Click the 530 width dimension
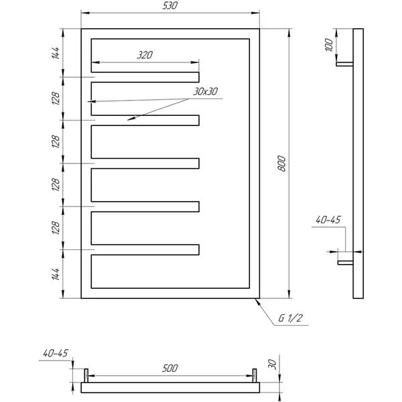170,5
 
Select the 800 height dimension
281,163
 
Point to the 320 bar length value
145,55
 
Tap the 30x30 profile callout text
206,91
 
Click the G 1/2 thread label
291,318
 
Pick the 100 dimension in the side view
329,45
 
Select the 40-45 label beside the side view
328,220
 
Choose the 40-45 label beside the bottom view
56,353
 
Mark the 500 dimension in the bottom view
170,368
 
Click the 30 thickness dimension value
272,364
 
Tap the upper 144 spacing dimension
56,53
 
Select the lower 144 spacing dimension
56,274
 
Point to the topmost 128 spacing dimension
56,98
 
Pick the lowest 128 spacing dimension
56,228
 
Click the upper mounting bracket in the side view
344,64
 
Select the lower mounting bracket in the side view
345,263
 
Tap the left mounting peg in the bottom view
86,376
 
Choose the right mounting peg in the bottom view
255,376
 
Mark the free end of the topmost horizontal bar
199,77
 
